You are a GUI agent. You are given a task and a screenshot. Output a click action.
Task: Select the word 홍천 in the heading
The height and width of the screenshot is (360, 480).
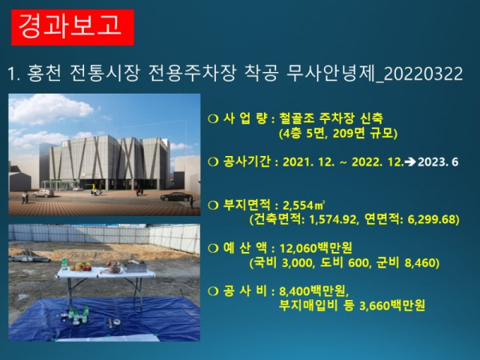click(49, 74)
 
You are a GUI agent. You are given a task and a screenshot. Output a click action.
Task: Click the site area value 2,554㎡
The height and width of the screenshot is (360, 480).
click(310, 205)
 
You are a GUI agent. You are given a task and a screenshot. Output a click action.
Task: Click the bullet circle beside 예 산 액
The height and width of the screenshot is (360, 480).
click(213, 248)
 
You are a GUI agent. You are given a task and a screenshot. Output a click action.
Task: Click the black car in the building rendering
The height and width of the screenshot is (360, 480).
click(174, 196)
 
